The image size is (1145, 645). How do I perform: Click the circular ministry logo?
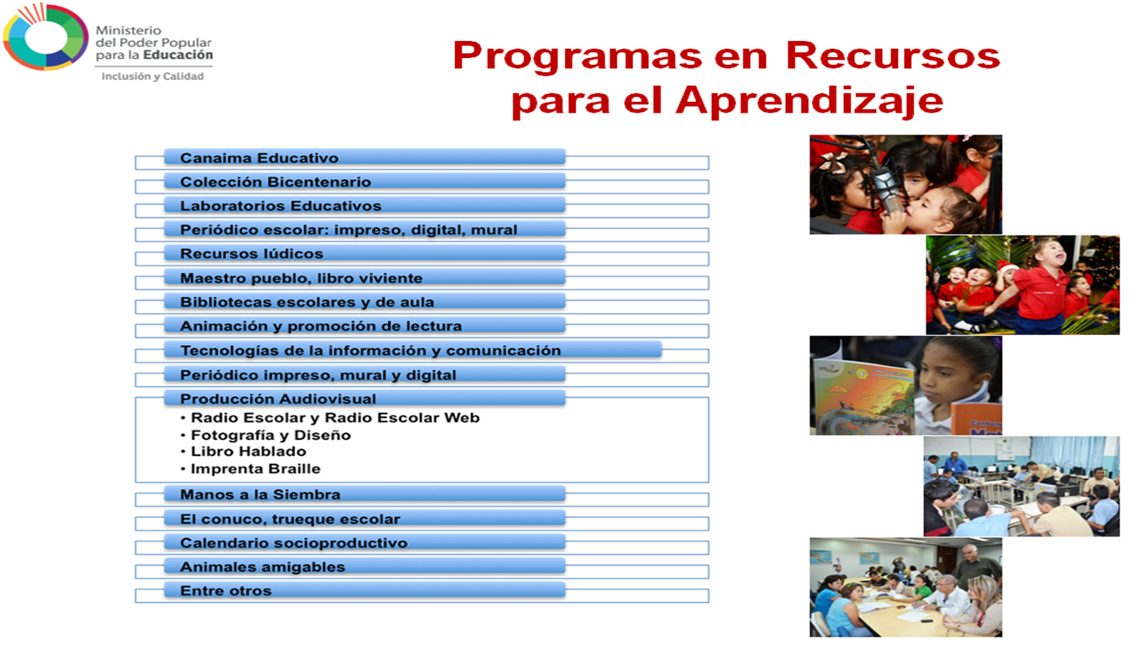(x=45, y=38)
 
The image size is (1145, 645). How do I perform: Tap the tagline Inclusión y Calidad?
(x=152, y=77)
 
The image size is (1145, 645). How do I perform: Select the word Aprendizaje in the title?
(x=809, y=100)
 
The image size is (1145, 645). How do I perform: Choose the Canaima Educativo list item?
(x=259, y=158)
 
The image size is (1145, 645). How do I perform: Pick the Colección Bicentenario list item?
(x=275, y=182)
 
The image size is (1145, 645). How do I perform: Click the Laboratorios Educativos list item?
(x=280, y=206)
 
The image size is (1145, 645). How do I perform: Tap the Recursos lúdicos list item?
(x=251, y=254)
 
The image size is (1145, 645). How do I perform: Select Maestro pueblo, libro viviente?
(x=301, y=278)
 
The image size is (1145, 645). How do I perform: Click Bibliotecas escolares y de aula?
(x=307, y=302)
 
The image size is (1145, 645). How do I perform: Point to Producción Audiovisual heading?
(x=277, y=399)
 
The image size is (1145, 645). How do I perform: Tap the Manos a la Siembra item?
(x=260, y=494)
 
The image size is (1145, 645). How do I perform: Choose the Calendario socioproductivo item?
(x=293, y=543)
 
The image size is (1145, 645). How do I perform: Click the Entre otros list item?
(x=225, y=591)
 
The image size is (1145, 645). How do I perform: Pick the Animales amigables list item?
(x=262, y=567)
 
